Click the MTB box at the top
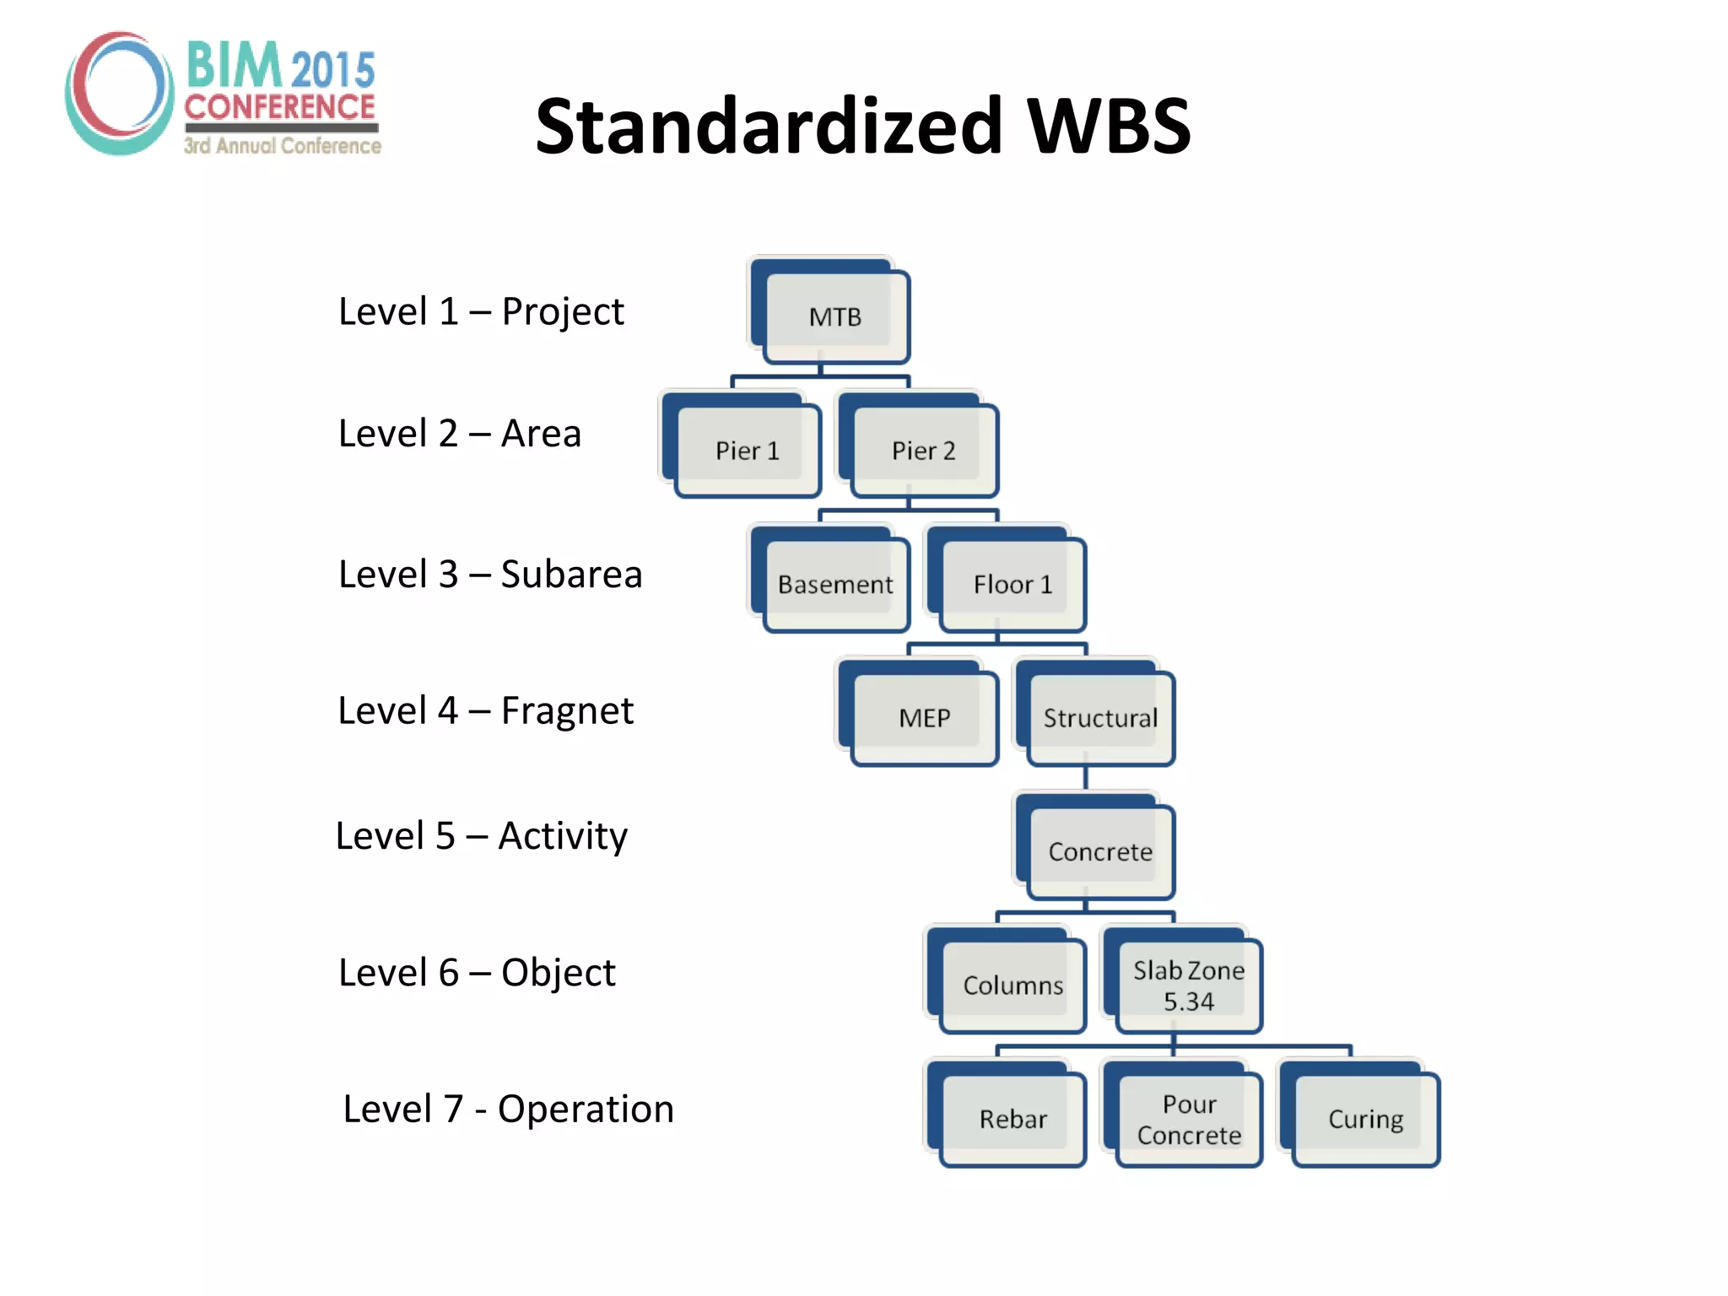834,316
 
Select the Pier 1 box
747,451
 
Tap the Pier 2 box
923,451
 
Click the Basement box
834,584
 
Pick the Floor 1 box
1012,584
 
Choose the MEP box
924,718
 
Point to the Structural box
1100,718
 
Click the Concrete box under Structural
1100,851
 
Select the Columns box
1012,985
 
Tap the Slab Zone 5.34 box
1188,985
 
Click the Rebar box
1012,1119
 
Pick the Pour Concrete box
1188,1119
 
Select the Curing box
1365,1119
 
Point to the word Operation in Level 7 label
586,1109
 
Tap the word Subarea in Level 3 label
571,575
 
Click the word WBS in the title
1108,127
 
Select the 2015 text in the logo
332,69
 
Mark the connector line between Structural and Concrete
1086,777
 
